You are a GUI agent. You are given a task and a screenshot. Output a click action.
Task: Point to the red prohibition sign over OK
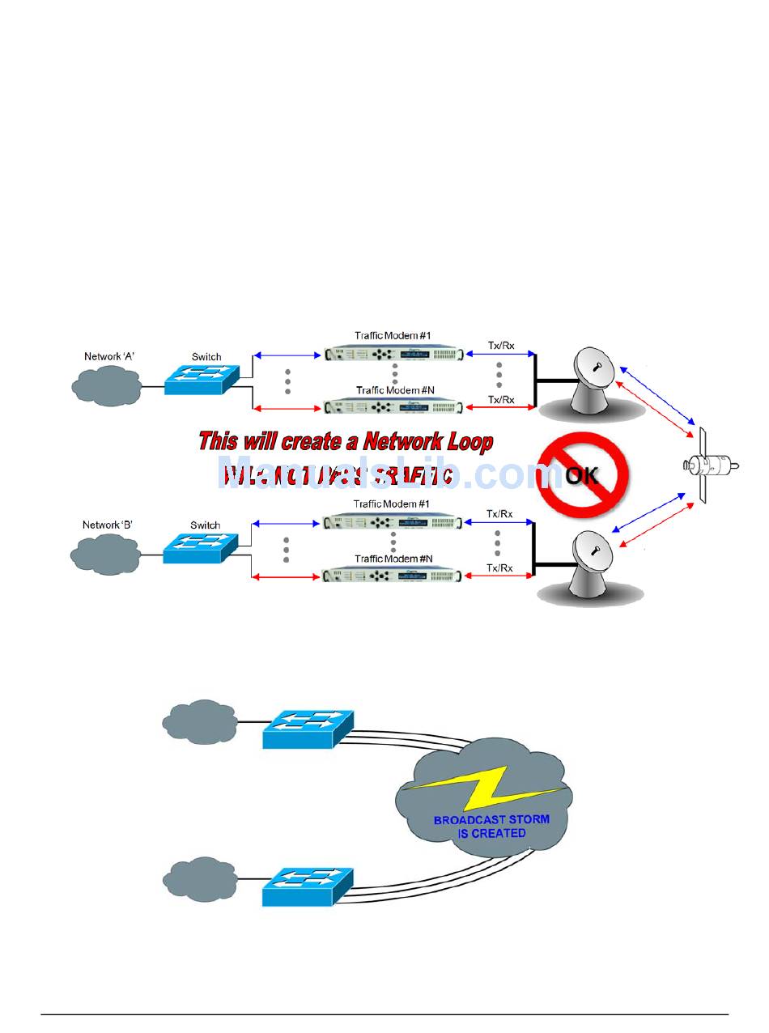click(582, 474)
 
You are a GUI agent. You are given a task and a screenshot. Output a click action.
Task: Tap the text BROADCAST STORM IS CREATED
click(491, 826)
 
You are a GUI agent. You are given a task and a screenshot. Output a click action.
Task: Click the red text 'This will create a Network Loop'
click(346, 442)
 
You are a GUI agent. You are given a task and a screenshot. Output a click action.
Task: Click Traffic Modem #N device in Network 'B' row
click(393, 576)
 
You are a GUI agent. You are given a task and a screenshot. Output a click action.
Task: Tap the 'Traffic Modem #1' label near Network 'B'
click(393, 504)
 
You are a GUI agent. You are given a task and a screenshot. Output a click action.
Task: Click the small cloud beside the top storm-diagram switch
click(199, 720)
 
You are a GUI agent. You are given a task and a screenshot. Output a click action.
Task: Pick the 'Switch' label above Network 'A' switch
click(206, 356)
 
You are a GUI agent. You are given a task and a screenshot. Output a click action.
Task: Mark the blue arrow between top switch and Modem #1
click(287, 355)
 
